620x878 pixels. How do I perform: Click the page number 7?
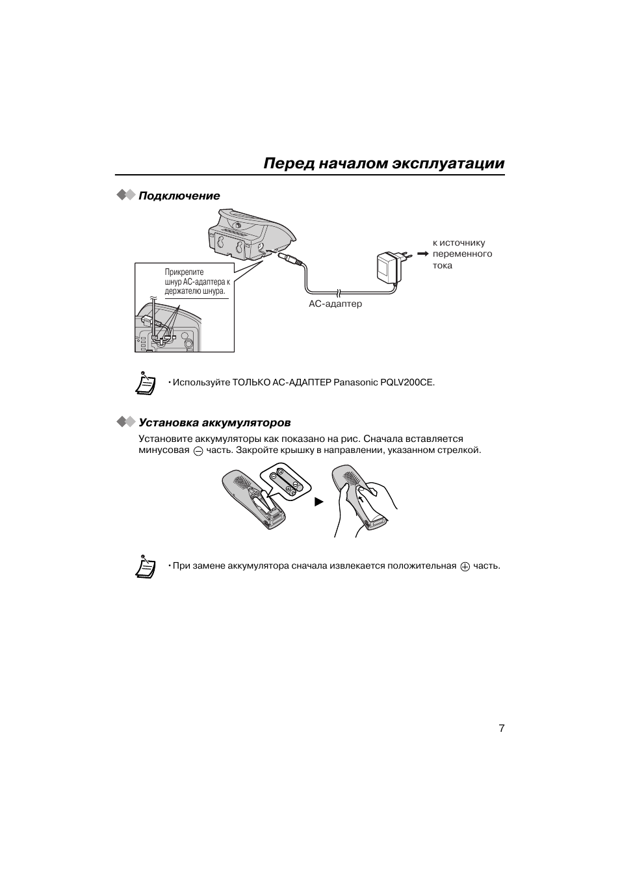pyautogui.click(x=501, y=728)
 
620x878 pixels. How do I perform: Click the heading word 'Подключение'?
pyautogui.click(x=179, y=196)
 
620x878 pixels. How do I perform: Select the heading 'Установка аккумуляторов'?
pyautogui.click(x=214, y=423)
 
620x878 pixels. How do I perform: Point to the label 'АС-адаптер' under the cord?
pyautogui.click(x=335, y=303)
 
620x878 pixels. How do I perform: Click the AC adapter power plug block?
pyautogui.click(x=388, y=266)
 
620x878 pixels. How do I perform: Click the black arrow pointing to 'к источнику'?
pyautogui.click(x=423, y=253)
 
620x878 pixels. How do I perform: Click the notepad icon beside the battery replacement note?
pyautogui.click(x=146, y=566)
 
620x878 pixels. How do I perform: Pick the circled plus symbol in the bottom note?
pyautogui.click(x=465, y=567)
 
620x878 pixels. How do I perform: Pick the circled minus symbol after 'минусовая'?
pyautogui.click(x=198, y=451)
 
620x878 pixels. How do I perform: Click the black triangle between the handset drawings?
pyautogui.click(x=319, y=502)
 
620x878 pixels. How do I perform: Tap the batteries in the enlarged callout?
pyautogui.click(x=287, y=482)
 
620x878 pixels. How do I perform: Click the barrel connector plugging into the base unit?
pyautogui.click(x=290, y=259)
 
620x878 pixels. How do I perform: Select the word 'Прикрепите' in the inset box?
pyautogui.click(x=184, y=272)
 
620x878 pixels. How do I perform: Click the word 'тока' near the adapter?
pyautogui.click(x=443, y=266)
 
